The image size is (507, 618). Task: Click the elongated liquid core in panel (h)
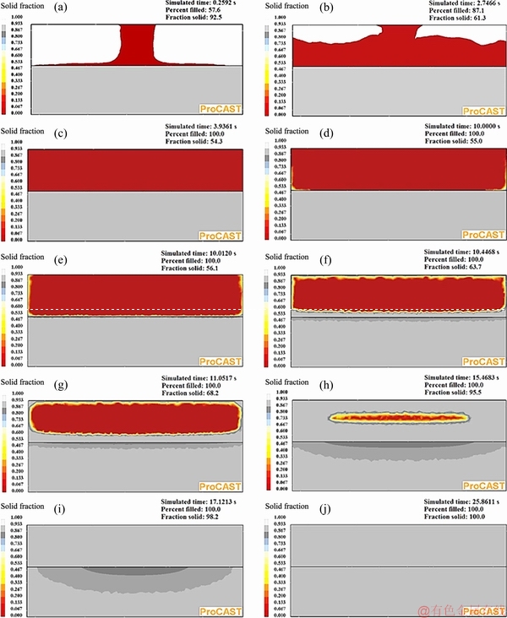(400, 416)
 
